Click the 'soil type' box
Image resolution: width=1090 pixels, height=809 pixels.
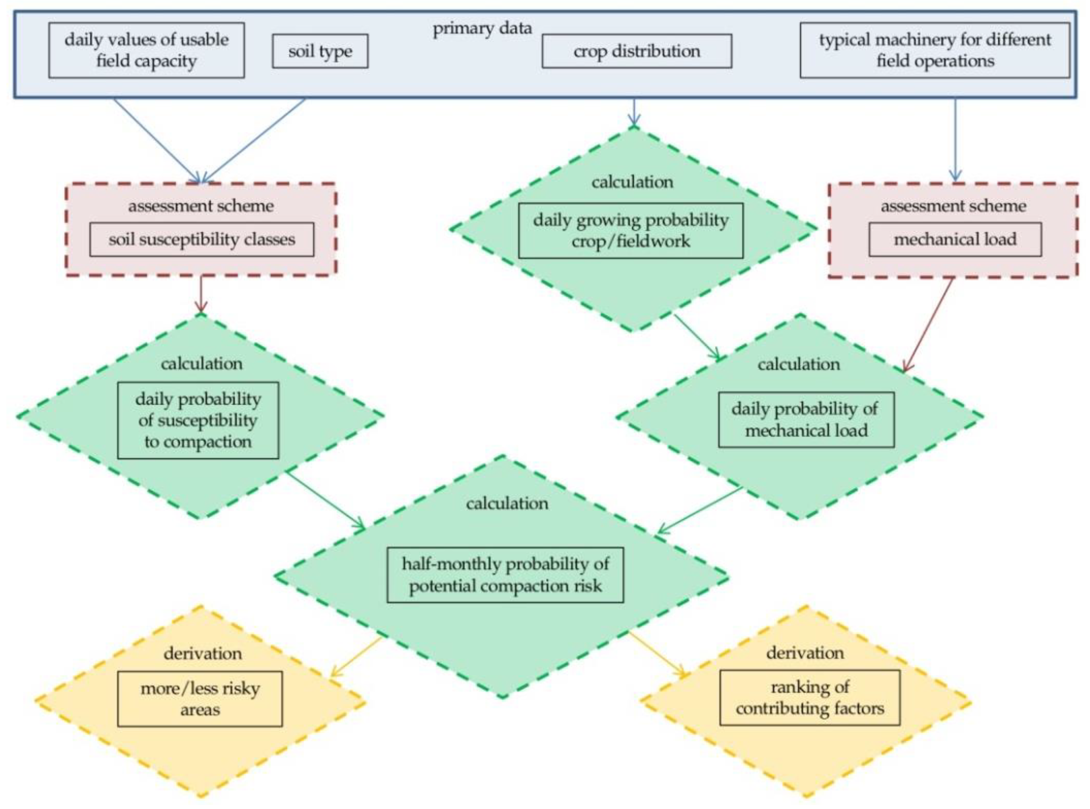pyautogui.click(x=320, y=51)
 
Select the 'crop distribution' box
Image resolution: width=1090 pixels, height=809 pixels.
pyautogui.click(x=636, y=51)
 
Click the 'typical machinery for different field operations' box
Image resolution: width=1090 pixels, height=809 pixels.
pyautogui.click(x=935, y=50)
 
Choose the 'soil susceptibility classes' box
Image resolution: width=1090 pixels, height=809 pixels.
pyautogui.click(x=202, y=239)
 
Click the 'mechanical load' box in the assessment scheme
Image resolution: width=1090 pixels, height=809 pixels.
pyautogui.click(x=955, y=239)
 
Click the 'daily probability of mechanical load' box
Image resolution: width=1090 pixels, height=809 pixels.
pyautogui.click(x=806, y=420)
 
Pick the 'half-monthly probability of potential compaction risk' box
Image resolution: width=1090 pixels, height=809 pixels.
pyautogui.click(x=505, y=575)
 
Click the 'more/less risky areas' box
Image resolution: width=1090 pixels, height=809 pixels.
pyautogui.click(x=200, y=699)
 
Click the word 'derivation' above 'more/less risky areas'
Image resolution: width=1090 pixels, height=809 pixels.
pyautogui.click(x=202, y=654)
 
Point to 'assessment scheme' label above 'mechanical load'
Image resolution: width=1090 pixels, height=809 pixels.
pyautogui.click(x=953, y=206)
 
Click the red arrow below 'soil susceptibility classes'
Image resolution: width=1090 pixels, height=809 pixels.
pyautogui.click(x=201, y=294)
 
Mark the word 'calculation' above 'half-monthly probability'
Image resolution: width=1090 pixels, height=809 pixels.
pyautogui.click(x=507, y=503)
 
